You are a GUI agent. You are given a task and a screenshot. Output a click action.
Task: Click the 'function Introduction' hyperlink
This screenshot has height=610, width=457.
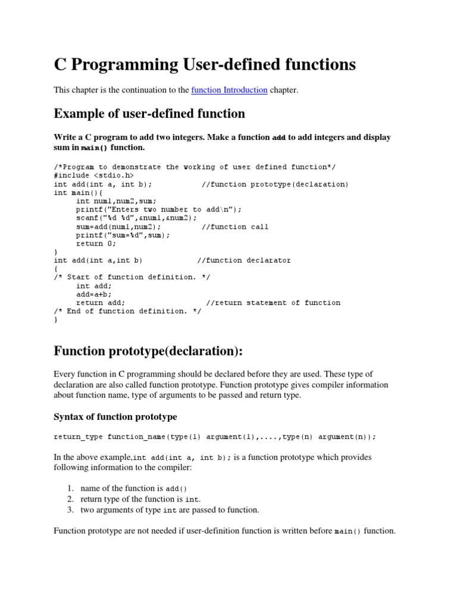point(229,90)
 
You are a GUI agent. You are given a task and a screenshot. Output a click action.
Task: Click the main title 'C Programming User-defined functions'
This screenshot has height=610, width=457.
point(205,64)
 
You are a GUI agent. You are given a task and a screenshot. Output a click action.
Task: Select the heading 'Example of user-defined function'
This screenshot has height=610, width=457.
point(149,113)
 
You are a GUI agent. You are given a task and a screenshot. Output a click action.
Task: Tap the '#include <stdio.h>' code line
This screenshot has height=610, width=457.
point(94,176)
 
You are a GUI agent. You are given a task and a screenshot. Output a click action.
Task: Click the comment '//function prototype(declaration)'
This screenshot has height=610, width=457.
point(275,184)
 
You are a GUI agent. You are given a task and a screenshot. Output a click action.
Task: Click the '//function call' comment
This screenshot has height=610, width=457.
point(235,226)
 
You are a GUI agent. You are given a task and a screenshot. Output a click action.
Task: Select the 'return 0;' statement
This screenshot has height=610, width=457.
point(96,243)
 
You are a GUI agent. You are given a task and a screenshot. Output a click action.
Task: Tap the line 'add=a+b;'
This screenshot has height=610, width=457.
point(94,294)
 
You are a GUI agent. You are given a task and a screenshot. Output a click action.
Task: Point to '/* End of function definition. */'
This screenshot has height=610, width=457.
point(127,311)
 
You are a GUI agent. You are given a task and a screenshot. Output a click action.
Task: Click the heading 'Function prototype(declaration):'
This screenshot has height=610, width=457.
point(148,351)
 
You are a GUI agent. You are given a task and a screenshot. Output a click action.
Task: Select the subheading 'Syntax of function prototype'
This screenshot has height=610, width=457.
point(115,416)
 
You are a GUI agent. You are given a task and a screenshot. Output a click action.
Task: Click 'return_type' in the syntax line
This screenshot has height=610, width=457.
point(78,437)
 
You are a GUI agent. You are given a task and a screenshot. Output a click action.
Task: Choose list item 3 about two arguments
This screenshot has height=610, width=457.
point(170,510)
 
